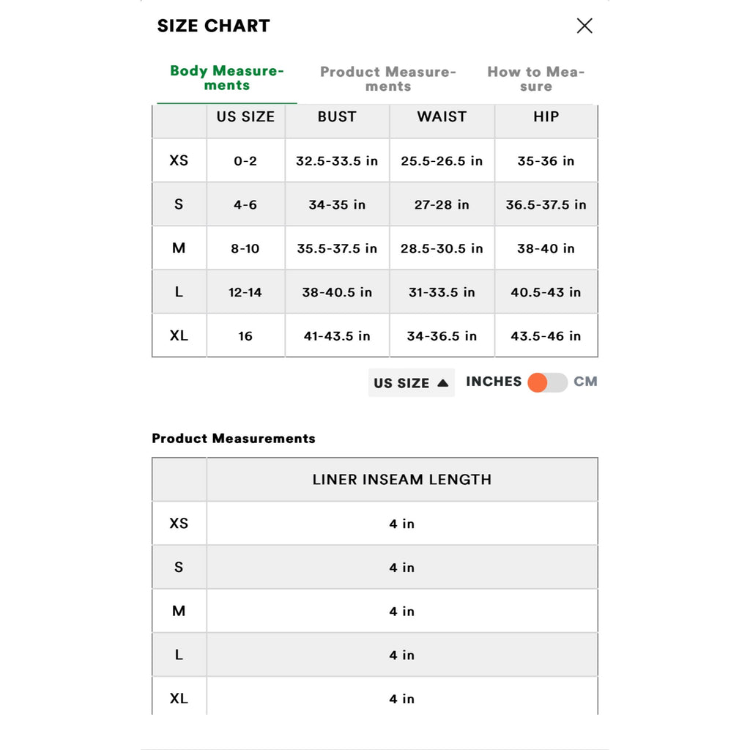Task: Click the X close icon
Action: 584,26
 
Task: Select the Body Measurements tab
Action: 227,78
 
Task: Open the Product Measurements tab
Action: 388,79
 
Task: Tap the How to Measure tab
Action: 536,79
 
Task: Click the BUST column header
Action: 337,117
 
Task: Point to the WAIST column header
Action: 442,117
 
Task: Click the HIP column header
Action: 546,117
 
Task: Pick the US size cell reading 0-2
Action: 245,161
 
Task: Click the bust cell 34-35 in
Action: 337,205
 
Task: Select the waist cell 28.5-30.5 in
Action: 442,249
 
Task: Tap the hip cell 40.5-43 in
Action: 546,292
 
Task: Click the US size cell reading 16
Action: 245,336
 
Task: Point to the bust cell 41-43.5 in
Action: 337,336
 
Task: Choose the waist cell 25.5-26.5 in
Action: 442,161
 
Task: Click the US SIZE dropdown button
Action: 411,383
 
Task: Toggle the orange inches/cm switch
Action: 547,382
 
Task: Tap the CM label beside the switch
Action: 585,382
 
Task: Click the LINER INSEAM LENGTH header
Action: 402,480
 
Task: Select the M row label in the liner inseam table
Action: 179,611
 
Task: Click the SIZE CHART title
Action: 214,26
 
